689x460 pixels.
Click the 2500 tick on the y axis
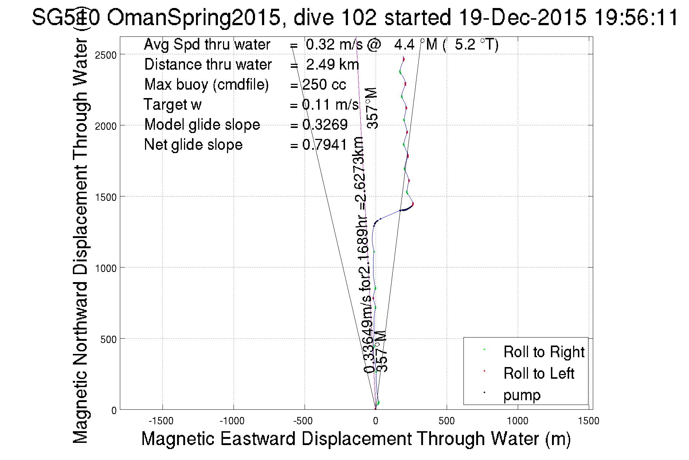(x=106, y=55)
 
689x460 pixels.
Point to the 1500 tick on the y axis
(x=106, y=197)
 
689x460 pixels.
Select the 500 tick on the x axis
(x=446, y=421)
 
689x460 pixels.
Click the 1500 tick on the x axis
(x=588, y=421)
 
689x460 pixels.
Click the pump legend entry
(x=522, y=395)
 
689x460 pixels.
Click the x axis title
(x=356, y=438)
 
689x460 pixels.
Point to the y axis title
(x=81, y=241)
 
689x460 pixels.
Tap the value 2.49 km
(x=332, y=65)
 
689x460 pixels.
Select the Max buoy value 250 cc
(x=324, y=85)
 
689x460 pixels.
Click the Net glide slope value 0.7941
(x=325, y=145)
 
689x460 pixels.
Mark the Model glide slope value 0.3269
(x=325, y=125)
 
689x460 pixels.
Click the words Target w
(x=173, y=105)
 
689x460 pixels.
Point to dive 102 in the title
(x=335, y=17)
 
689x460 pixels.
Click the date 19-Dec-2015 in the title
(x=522, y=17)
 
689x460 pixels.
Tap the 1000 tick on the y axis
(x=106, y=268)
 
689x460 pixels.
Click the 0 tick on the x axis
(x=375, y=421)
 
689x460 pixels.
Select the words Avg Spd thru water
(x=207, y=44)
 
